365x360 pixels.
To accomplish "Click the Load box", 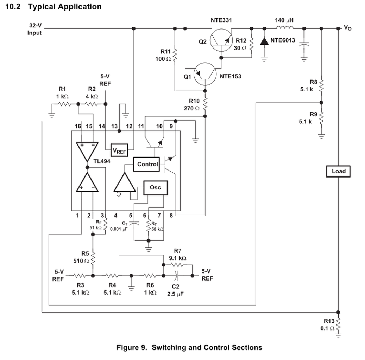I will [338, 172].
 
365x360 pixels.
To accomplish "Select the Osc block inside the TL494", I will [155, 188].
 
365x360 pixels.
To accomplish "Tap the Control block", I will [147, 164].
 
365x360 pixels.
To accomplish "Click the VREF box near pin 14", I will [119, 150].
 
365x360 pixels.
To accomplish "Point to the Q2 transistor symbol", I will [221, 41].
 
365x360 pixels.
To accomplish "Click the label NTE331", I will [221, 20].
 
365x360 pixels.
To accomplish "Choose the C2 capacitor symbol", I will [178, 275].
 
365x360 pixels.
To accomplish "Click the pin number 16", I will [78, 126].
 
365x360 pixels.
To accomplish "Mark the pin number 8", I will [171, 215].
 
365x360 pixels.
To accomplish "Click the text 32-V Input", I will [35, 29].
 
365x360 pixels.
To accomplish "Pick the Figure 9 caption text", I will [189, 348].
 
